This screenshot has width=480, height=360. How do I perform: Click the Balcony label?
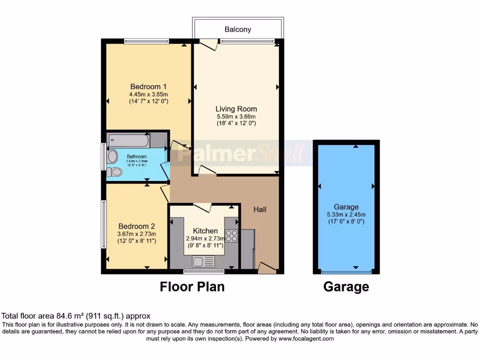(x=238, y=30)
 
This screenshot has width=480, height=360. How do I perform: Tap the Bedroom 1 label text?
(x=148, y=87)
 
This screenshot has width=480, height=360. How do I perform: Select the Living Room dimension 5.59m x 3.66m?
(x=236, y=117)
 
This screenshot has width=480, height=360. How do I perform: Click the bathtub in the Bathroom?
(x=128, y=140)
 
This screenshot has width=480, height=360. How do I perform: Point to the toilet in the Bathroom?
(x=114, y=172)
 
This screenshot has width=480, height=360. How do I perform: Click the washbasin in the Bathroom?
(x=112, y=157)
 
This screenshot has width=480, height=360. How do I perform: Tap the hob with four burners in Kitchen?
(x=231, y=236)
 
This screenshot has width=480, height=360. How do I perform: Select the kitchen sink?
(x=203, y=261)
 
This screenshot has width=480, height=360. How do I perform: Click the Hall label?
(x=260, y=210)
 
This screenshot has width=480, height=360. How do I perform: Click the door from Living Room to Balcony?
(x=208, y=45)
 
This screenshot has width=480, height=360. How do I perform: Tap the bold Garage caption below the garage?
(x=346, y=286)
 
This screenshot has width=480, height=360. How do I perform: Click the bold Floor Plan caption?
(x=192, y=286)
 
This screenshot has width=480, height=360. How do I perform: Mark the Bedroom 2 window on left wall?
(x=104, y=224)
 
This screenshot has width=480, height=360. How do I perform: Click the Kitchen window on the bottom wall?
(x=197, y=271)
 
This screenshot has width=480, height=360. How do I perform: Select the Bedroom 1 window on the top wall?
(x=146, y=41)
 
